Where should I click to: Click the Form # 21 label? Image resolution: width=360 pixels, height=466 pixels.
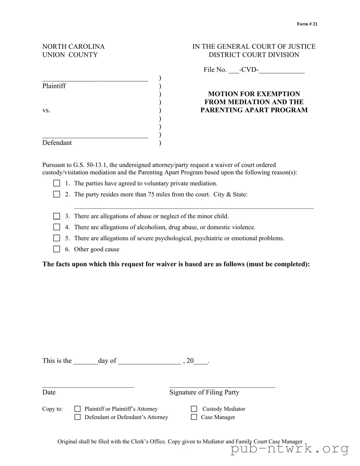[x=307, y=24]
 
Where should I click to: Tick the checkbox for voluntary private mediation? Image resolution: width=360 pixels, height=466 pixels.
[x=57, y=183]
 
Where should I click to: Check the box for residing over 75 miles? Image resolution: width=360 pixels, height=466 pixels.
[x=57, y=194]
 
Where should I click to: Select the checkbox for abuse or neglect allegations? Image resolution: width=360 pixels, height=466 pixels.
[x=57, y=216]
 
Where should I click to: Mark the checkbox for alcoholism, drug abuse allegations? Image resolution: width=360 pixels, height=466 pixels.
[x=57, y=227]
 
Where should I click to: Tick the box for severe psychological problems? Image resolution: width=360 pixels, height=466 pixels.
[x=57, y=238]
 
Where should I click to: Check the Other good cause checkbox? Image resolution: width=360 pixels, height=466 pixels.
[x=57, y=249]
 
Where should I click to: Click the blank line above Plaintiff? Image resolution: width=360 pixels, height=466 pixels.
[x=95, y=80]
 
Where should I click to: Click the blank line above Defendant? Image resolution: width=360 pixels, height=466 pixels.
[x=95, y=137]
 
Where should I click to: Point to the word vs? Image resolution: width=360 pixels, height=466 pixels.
[x=46, y=110]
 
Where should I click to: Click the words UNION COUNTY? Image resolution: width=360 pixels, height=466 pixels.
[x=70, y=55]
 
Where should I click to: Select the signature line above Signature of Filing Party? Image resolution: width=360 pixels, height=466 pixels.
[x=222, y=387]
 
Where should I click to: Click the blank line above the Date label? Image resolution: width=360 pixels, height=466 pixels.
[x=88, y=387]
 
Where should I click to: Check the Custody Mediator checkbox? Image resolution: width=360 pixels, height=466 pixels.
[x=194, y=409]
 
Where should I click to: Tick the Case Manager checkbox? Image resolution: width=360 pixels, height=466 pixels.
[x=194, y=417]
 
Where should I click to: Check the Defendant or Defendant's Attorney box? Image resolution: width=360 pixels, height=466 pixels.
[x=78, y=417]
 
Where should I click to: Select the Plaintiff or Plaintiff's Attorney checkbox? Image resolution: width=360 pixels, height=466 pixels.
[x=78, y=409]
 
